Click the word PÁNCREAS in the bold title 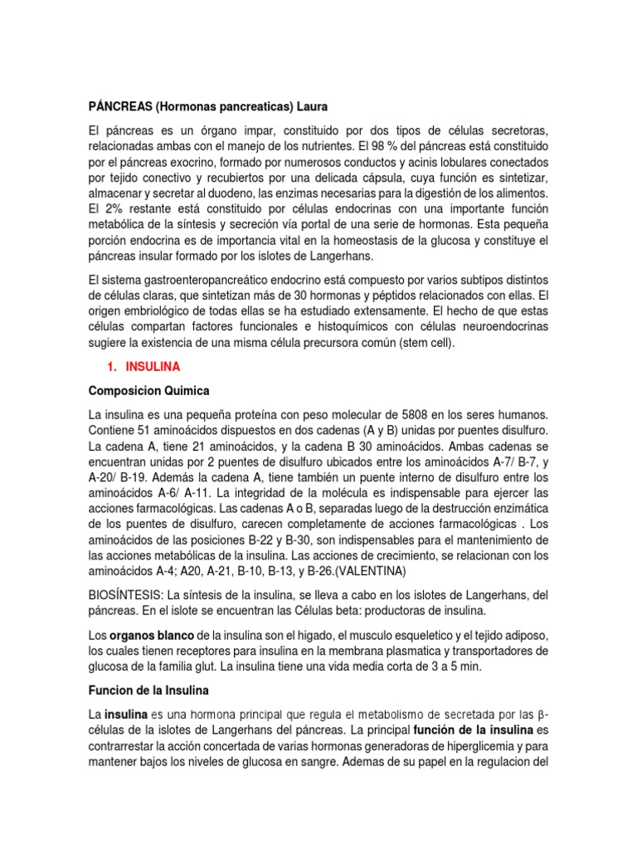119,106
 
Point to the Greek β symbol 542,714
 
